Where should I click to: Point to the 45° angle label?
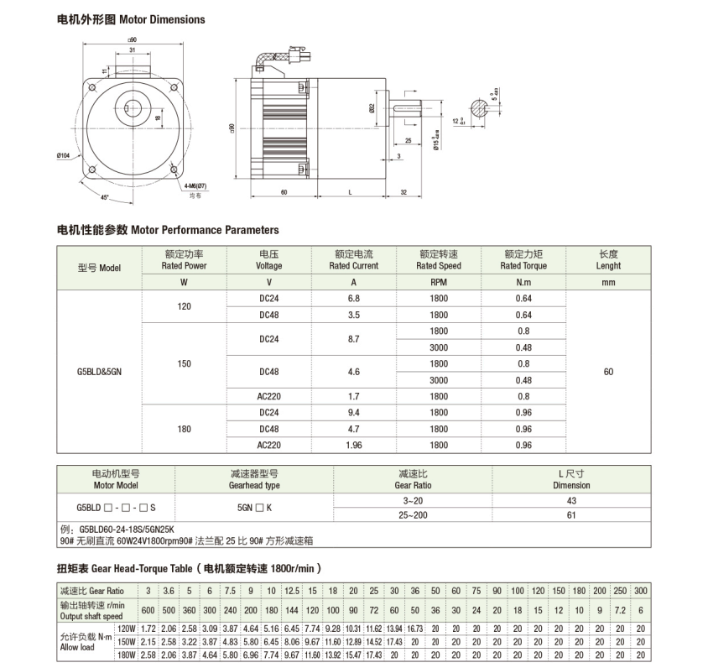tap(104, 197)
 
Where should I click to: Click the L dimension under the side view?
tap(350, 192)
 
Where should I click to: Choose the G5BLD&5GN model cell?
tap(99, 372)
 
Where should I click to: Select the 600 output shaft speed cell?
tap(147, 609)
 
